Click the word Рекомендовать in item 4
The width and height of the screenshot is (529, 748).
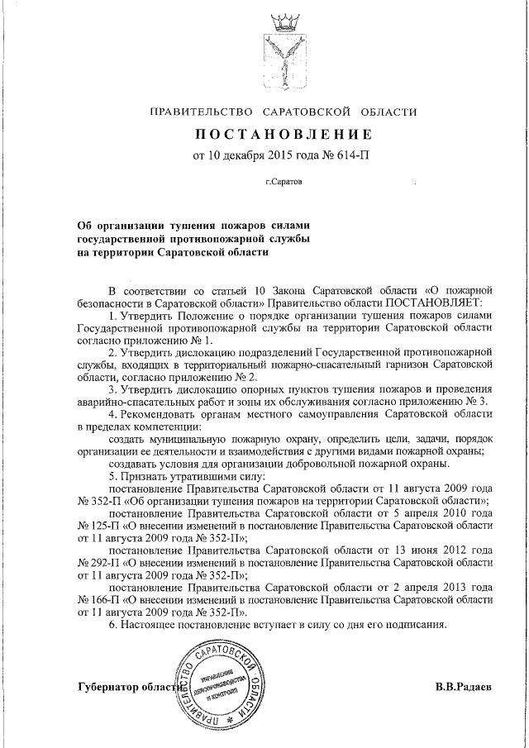(x=168, y=412)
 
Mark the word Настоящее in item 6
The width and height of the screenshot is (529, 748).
(x=155, y=625)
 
